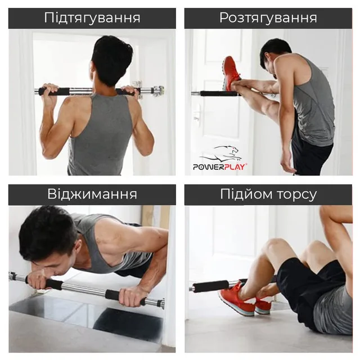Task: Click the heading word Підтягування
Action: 92,18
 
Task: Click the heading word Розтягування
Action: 268,18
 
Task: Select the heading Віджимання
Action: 92,194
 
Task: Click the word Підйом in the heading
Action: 246,194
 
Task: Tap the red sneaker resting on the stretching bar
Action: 231,73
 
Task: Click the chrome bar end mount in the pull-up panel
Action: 159,91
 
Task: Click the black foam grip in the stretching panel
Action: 218,94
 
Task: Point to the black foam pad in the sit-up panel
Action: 210,286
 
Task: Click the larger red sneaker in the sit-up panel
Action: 236,300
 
